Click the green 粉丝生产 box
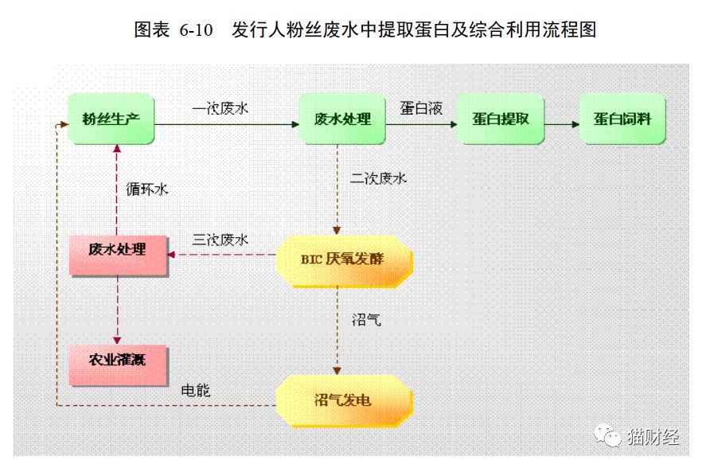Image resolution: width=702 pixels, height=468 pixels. pyautogui.click(x=111, y=119)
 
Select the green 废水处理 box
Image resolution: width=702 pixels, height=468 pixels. pyautogui.click(x=342, y=119)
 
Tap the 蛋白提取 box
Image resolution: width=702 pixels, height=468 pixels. pyautogui.click(x=501, y=119)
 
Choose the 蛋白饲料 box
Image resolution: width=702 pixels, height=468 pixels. pyautogui.click(x=622, y=119)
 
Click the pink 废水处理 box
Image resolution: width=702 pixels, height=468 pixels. pyautogui.click(x=118, y=255)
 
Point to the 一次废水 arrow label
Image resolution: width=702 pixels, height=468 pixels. pyautogui.click(x=220, y=108)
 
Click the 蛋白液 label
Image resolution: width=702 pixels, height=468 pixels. pyautogui.click(x=421, y=108)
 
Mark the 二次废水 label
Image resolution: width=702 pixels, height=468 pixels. pyautogui.click(x=378, y=178)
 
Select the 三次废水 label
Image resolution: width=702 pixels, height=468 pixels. pyautogui.click(x=220, y=240)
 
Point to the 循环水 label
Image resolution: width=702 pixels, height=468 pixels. pyautogui.click(x=146, y=189)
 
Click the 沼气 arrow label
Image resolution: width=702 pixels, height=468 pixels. pyautogui.click(x=366, y=320)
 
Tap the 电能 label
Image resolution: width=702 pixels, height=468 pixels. pyautogui.click(x=196, y=391)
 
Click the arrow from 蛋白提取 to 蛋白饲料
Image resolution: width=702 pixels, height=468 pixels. pyautogui.click(x=562, y=124)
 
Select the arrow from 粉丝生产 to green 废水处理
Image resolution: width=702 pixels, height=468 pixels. pyautogui.click(x=227, y=124)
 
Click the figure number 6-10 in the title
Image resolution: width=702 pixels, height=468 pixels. pyautogui.click(x=196, y=30)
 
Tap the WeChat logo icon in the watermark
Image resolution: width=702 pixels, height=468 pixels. pyautogui.click(x=607, y=435)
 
